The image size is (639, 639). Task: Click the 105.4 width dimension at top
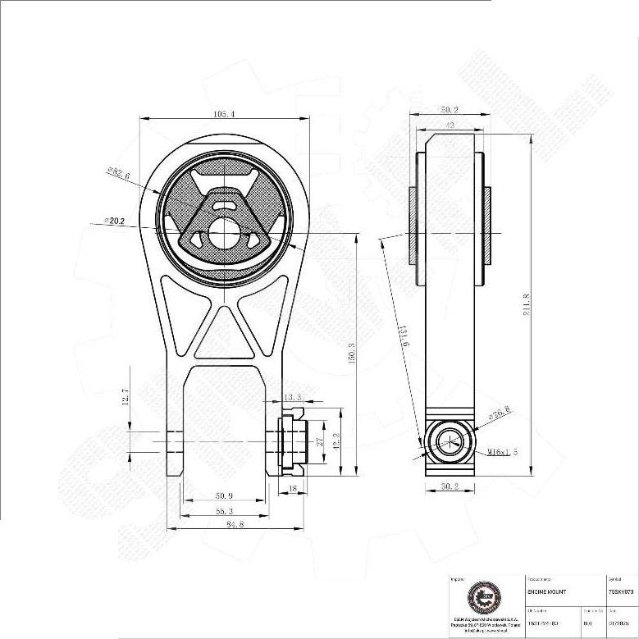(223, 115)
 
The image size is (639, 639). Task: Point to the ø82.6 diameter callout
(120, 172)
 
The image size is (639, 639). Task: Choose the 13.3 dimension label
(292, 398)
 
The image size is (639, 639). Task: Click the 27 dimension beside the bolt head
(320, 440)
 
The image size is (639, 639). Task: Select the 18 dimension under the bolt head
(294, 489)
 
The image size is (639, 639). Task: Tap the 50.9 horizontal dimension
(224, 496)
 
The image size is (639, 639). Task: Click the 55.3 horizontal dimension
(222, 511)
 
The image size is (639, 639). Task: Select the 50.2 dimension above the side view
(449, 109)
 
